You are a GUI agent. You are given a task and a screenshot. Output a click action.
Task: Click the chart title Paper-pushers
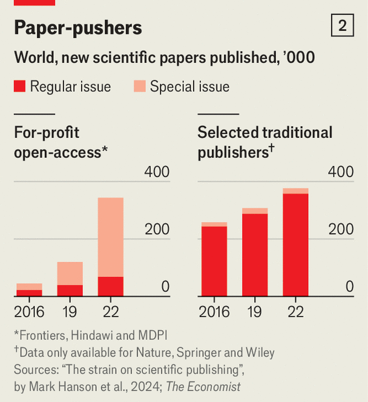click(x=78, y=27)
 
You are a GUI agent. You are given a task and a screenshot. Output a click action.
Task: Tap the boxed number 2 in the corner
click(x=342, y=25)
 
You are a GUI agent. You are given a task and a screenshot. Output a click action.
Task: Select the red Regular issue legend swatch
click(x=19, y=86)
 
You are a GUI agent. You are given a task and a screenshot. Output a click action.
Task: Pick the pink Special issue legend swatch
click(x=140, y=86)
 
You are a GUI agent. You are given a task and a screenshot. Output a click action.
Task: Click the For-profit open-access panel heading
click(x=61, y=142)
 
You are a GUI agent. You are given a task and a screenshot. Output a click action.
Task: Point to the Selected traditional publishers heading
click(x=264, y=142)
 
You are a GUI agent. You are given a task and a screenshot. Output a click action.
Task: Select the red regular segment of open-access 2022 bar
click(x=111, y=287)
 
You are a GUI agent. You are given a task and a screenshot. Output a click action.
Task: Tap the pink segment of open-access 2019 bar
click(x=70, y=273)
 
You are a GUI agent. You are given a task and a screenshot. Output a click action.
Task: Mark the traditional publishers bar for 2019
click(x=255, y=254)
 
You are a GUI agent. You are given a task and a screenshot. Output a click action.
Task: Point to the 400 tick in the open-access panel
click(x=157, y=172)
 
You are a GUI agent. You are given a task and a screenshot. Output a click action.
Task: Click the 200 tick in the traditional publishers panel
click(x=341, y=230)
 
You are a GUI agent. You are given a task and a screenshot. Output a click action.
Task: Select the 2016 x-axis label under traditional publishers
click(x=214, y=312)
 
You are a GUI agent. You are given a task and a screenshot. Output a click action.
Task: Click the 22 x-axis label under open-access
click(x=111, y=312)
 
